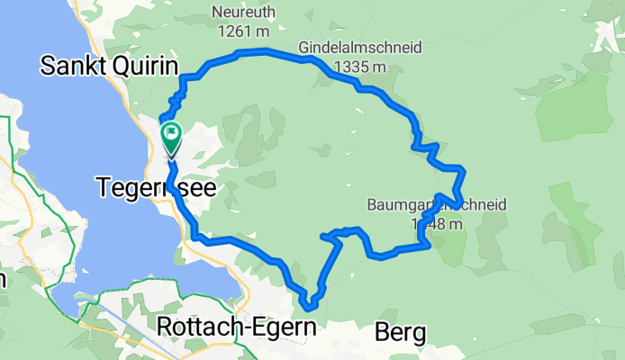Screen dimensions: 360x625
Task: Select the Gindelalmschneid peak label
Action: [359, 48]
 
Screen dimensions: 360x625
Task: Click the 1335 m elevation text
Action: [359, 66]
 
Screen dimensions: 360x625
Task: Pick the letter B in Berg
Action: [379, 333]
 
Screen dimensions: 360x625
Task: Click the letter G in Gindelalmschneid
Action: [304, 48]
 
